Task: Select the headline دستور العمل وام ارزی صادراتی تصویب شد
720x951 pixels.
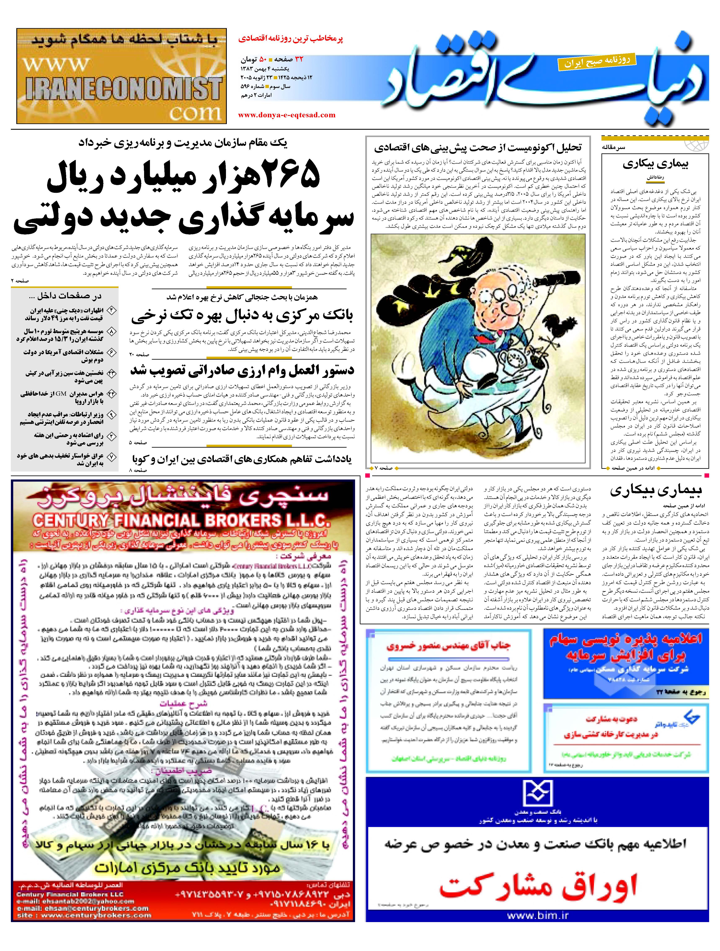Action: click(242, 370)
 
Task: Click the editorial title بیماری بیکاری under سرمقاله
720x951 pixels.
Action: click(655, 164)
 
